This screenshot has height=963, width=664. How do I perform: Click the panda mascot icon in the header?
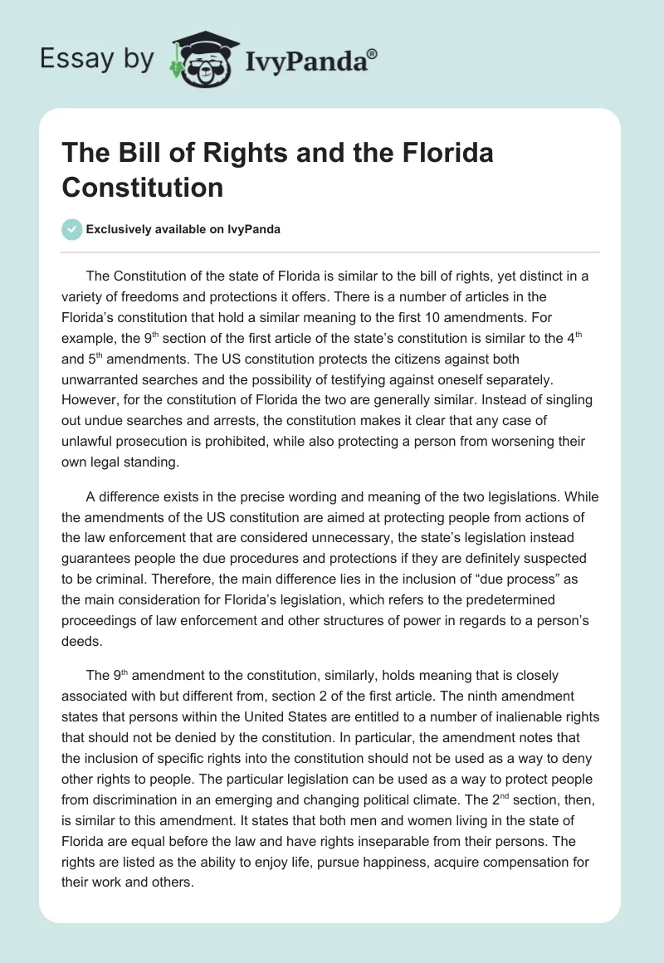click(202, 59)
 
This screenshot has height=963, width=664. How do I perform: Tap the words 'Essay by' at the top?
click(96, 59)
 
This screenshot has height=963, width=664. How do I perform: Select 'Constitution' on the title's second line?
click(142, 188)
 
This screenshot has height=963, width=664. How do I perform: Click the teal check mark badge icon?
click(72, 229)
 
